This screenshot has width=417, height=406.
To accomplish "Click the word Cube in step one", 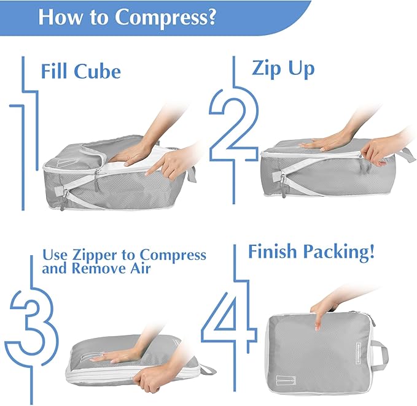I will coord(98,71).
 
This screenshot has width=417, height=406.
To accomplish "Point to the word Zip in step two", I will coord(265,68).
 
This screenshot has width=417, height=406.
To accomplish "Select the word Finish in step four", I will coord(273,252).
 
